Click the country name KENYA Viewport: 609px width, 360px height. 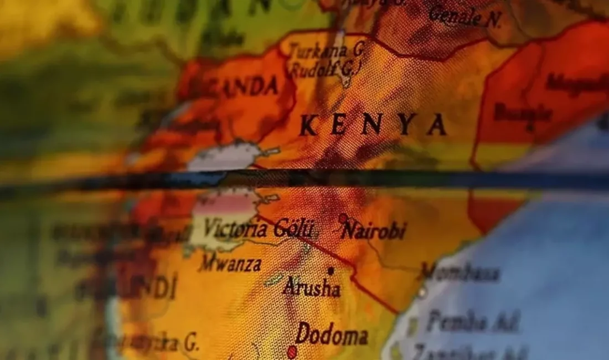coord(373,125)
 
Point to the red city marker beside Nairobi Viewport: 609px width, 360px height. coord(343,218)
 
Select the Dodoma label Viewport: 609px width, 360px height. coord(332,335)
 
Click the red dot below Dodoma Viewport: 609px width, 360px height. coord(292,351)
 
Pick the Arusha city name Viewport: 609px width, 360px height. coord(312,287)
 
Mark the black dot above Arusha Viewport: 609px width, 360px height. coord(331,271)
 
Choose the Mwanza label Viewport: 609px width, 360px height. coord(230,264)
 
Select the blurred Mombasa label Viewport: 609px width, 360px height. coord(461,272)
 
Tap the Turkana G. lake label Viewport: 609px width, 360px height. coord(327,51)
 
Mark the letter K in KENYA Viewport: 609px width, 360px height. coord(309,126)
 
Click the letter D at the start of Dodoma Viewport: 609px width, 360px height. coord(302,333)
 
